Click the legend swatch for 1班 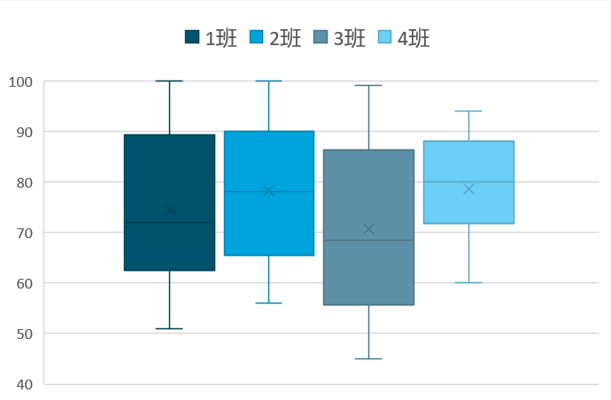192,37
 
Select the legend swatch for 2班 256,37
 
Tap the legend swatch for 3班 321,37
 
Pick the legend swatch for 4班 385,37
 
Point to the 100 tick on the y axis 19,81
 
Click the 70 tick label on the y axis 22,233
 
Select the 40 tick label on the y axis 22,384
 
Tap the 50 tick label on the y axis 22,334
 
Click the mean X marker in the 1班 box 169,211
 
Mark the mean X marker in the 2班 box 269,190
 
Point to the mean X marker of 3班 368,229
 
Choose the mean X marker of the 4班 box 468,189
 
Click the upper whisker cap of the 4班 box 468,111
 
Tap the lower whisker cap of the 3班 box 368,358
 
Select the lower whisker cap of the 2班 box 269,303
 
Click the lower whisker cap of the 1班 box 169,328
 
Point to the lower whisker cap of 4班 468,282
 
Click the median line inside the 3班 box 368,240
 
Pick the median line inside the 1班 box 169,222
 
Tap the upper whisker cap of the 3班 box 368,85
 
